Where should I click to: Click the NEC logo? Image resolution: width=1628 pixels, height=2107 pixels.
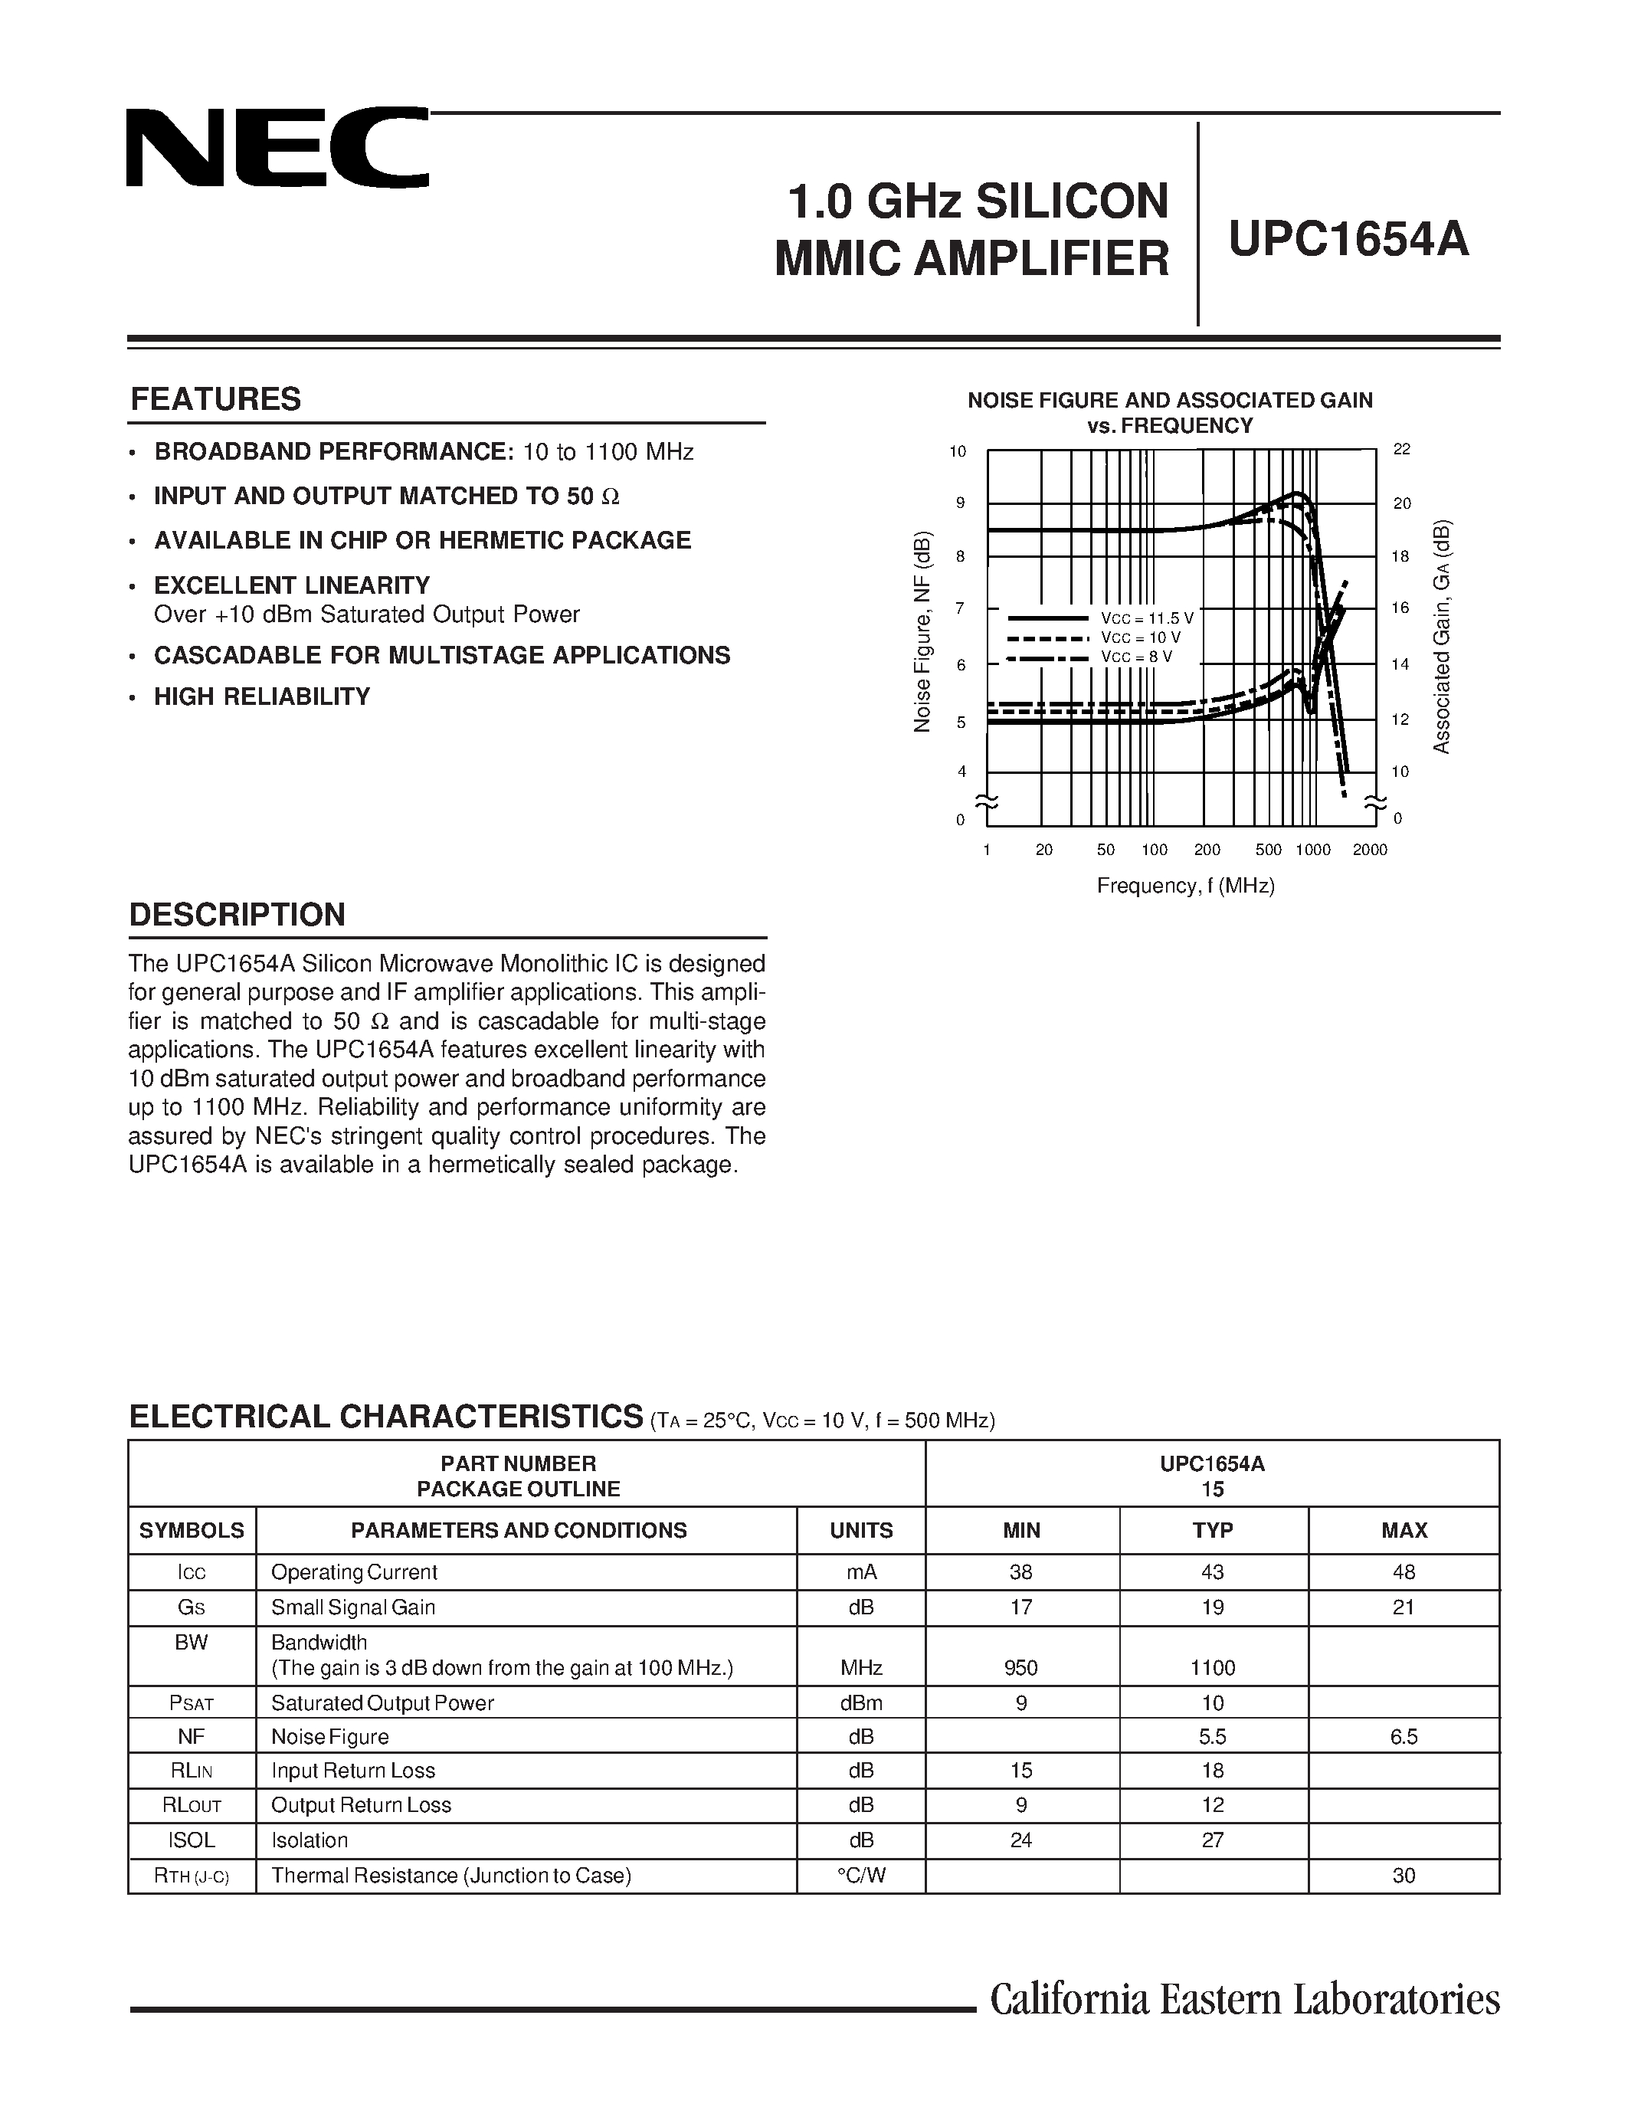277,148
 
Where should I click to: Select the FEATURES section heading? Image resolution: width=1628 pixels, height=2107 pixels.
215,399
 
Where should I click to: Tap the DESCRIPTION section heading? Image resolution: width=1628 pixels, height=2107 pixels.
237,915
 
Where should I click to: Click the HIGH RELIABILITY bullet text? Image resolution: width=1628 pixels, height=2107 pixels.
261,696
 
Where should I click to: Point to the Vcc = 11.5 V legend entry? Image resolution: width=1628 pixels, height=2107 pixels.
1147,618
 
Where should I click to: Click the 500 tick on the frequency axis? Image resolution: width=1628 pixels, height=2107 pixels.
1268,850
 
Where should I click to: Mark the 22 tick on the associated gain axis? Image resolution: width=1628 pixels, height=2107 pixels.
1401,450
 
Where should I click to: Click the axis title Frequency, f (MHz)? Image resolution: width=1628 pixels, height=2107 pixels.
1185,886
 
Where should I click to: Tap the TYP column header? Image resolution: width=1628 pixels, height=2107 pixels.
1212,1530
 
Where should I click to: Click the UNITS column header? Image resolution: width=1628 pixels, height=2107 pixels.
861,1530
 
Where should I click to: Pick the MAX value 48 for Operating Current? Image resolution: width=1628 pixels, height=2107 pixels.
1404,1571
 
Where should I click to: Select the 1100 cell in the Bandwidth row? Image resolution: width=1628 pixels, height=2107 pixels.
1212,1667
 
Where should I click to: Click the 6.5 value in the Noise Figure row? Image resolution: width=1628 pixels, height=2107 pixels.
1404,1736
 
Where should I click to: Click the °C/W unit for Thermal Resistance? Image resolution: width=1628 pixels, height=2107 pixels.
861,1876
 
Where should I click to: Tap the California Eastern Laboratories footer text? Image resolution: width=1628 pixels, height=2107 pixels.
1244,1999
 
